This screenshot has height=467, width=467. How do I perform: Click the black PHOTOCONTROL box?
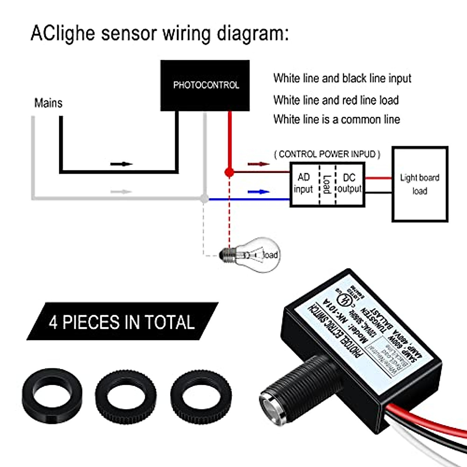(x=205, y=85)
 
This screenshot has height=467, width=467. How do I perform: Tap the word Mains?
(x=48, y=103)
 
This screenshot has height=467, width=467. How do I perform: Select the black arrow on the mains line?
(x=121, y=164)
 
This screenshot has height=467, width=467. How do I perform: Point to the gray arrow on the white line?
(x=121, y=191)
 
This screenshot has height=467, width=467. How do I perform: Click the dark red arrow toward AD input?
(x=259, y=164)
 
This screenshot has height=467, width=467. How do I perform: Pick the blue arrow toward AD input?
(x=259, y=191)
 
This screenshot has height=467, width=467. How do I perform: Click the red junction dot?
(x=229, y=172)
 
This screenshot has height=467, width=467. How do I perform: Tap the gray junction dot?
(x=203, y=198)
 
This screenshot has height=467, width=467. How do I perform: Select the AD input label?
(x=304, y=183)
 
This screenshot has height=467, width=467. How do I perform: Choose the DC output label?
(x=349, y=183)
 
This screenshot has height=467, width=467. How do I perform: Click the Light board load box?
(x=420, y=184)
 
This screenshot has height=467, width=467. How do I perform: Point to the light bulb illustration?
(x=249, y=255)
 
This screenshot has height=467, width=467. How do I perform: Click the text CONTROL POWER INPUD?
(x=327, y=154)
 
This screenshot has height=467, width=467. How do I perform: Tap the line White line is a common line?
(x=336, y=119)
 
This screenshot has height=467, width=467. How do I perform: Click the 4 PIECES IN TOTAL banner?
(x=121, y=322)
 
